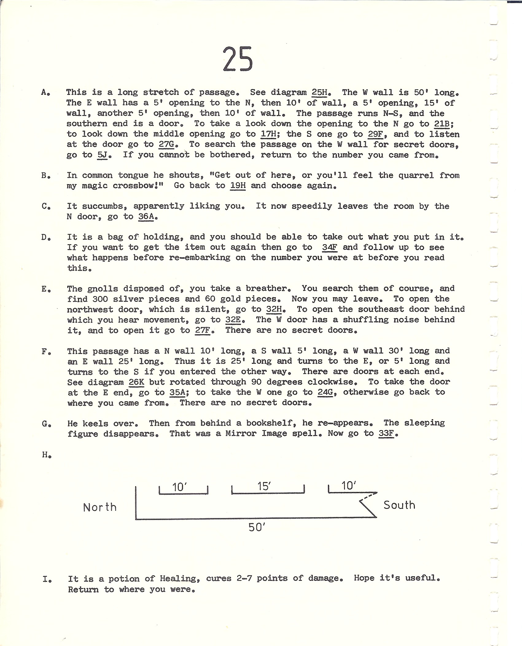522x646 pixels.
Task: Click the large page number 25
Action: [x=238, y=60]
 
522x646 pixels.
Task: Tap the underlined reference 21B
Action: [x=442, y=124]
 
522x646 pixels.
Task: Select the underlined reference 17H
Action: [x=268, y=134]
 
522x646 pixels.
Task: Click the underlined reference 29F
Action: [x=376, y=134]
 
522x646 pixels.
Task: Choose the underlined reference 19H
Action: [x=238, y=186]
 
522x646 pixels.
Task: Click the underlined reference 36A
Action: [x=146, y=217]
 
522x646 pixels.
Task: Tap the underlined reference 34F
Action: [x=329, y=248]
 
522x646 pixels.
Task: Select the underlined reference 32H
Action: [x=274, y=309]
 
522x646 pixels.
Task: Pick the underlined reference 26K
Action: [x=137, y=382]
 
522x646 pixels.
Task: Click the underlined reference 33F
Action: [x=386, y=434]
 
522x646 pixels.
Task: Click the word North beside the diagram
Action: [x=100, y=507]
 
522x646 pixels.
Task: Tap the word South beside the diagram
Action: [x=399, y=505]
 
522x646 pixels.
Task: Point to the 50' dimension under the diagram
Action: [x=257, y=528]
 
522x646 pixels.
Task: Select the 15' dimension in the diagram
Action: [x=264, y=486]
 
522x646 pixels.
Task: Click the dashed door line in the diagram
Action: [x=369, y=495]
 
